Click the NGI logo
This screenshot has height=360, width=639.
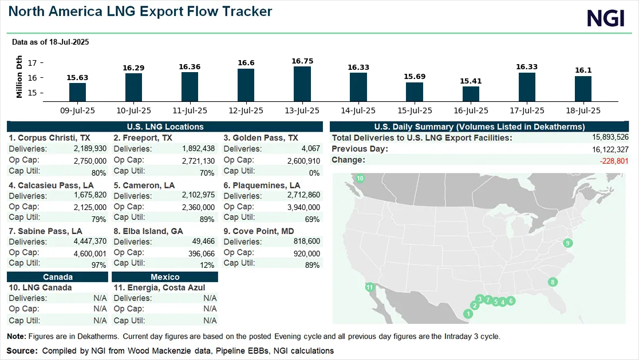click(x=606, y=18)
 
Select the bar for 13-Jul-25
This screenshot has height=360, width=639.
click(x=302, y=84)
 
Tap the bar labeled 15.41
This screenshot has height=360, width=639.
click(x=471, y=94)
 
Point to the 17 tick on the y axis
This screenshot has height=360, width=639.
click(x=32, y=63)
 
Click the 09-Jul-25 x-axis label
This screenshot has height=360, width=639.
click(x=77, y=111)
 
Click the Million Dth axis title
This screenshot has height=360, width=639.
click(x=19, y=77)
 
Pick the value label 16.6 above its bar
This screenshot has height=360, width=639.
click(x=246, y=63)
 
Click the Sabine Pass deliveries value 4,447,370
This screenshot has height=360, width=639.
click(x=90, y=242)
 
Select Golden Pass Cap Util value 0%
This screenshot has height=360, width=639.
click(x=314, y=173)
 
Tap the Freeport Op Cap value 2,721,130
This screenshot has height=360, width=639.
click(x=198, y=161)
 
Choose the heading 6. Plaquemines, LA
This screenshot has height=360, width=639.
click(x=262, y=185)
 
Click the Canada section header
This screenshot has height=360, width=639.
click(x=57, y=277)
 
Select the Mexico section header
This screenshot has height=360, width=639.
click(x=165, y=277)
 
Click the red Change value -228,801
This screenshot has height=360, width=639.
click(x=614, y=161)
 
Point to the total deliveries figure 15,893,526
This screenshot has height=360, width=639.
click(x=610, y=137)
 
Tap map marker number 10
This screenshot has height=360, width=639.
click(x=360, y=178)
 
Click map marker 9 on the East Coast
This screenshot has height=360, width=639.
click(x=567, y=243)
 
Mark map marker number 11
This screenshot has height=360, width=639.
click(x=369, y=287)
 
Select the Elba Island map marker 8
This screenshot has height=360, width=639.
click(x=553, y=282)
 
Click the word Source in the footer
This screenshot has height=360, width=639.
click(x=22, y=351)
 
